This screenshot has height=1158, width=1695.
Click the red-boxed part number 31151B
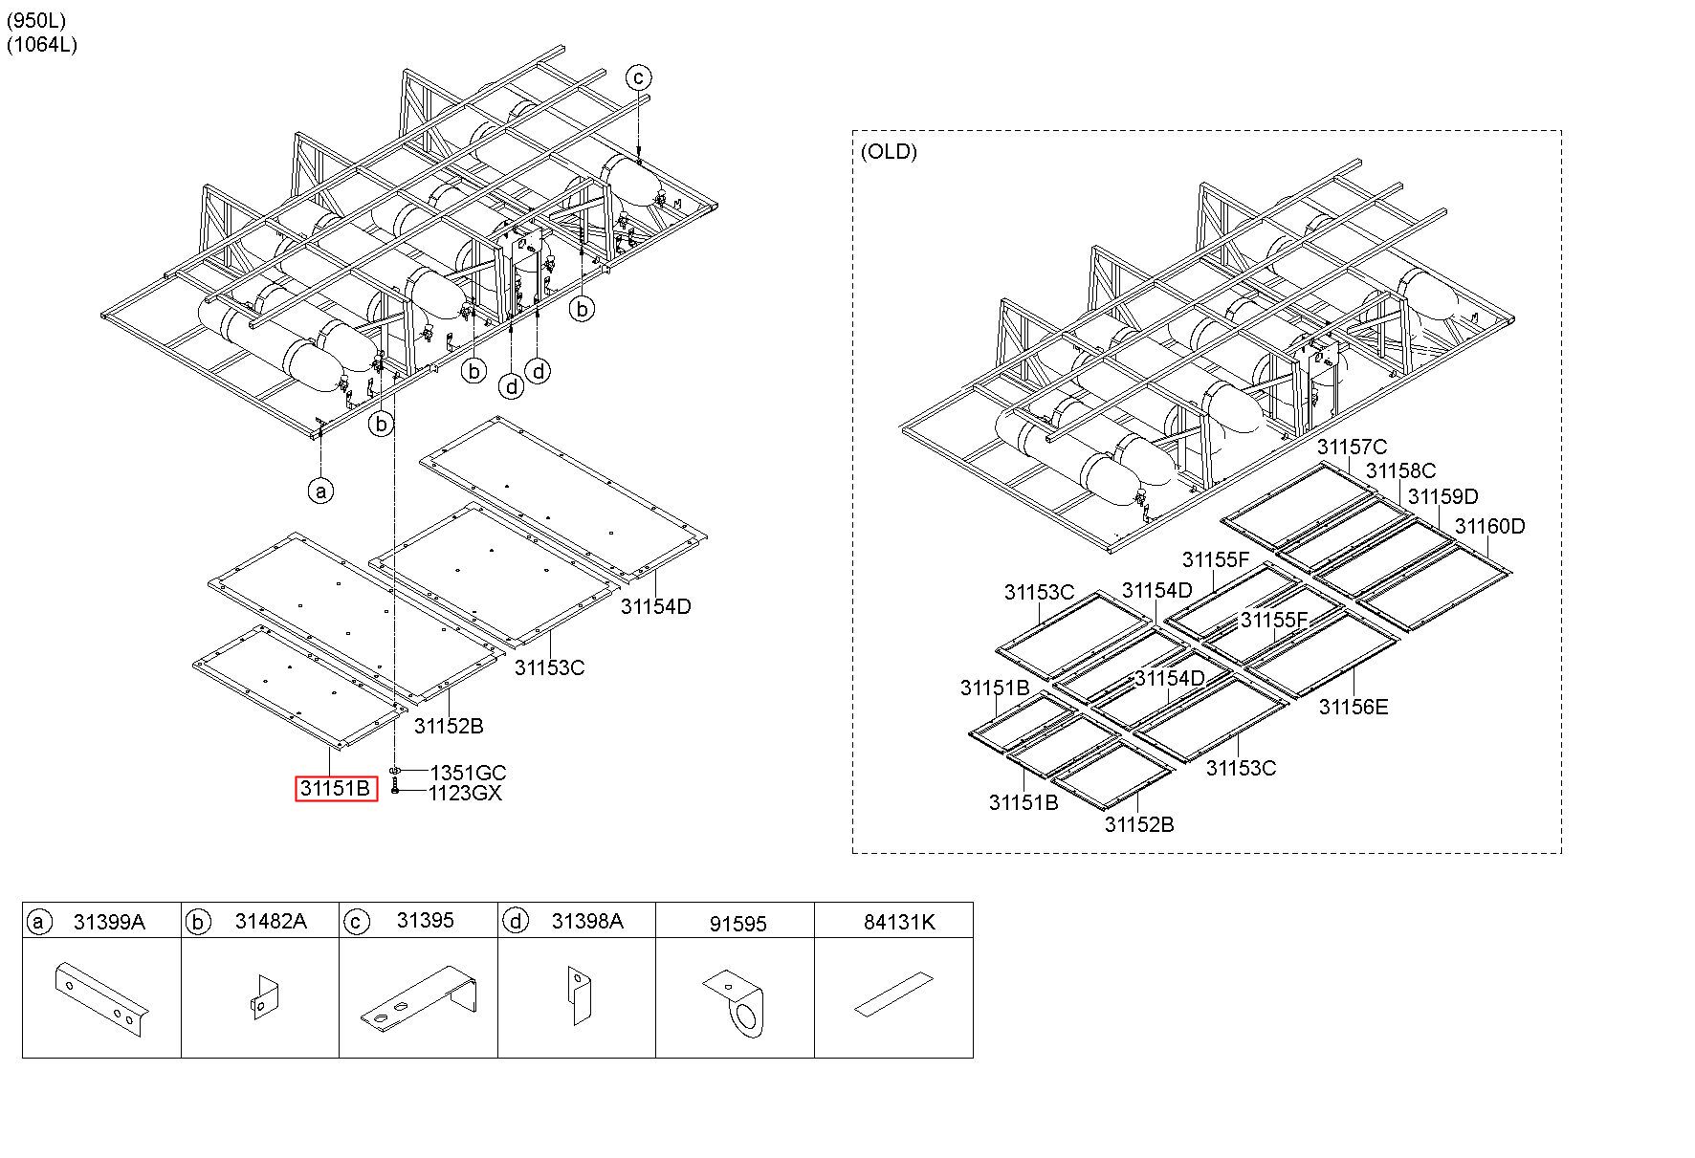click(336, 789)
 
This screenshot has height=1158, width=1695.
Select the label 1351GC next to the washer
click(468, 773)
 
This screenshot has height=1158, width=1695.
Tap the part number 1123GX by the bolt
click(465, 793)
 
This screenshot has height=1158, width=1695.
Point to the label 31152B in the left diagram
click(449, 726)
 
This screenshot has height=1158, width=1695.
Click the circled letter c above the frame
click(638, 77)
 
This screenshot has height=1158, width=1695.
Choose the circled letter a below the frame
click(321, 492)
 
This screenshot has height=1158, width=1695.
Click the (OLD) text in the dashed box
click(889, 151)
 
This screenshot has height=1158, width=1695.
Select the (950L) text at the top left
click(35, 20)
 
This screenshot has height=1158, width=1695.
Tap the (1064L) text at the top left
click(41, 44)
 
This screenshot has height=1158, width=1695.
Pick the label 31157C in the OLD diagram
click(1352, 447)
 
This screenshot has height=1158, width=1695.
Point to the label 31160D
click(1490, 526)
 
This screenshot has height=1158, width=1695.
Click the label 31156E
click(1354, 707)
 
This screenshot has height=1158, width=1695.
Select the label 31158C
click(1400, 470)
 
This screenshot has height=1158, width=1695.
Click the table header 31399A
click(109, 921)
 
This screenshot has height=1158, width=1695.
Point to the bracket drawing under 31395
click(418, 996)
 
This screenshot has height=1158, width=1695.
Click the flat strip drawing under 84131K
click(892, 994)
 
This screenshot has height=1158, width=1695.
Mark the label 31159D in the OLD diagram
click(1443, 496)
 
